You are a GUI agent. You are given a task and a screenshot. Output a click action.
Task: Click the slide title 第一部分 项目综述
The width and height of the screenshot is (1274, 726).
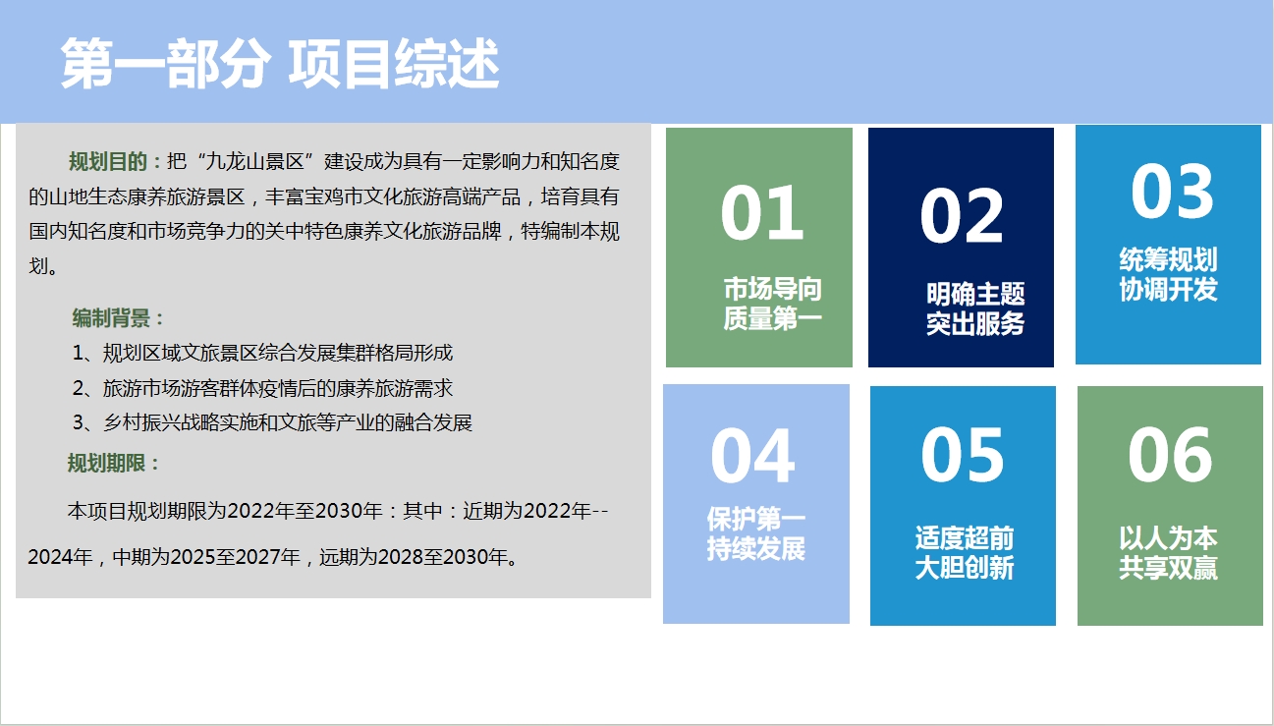tap(280, 63)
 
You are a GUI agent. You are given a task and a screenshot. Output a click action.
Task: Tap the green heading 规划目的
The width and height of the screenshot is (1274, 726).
tap(108, 161)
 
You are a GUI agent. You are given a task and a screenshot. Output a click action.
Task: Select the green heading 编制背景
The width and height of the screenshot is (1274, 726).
tap(111, 318)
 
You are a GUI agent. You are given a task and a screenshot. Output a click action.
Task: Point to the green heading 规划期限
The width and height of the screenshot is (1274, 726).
tap(106, 463)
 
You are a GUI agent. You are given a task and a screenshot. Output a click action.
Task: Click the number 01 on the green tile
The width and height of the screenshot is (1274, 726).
tap(762, 213)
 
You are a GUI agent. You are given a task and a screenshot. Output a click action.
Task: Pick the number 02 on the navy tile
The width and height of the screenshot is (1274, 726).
tap(962, 215)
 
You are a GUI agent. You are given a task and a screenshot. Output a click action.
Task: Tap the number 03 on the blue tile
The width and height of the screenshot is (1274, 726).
tap(1172, 191)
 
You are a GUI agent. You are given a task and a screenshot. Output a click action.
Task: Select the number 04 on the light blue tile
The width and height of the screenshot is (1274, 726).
tap(752, 456)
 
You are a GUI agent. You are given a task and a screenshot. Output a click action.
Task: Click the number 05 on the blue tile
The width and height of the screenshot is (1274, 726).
tap(963, 455)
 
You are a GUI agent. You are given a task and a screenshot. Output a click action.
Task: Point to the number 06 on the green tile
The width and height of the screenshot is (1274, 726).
tap(1170, 455)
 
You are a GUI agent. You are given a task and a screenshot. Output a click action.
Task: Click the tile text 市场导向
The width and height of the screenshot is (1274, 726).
tap(772, 289)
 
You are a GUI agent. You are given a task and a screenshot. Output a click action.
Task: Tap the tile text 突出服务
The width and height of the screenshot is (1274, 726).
tap(975, 324)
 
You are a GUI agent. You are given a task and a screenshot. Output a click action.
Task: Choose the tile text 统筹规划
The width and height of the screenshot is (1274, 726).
tap(1168, 259)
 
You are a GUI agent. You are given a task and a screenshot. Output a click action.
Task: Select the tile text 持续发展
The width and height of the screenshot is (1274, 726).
tap(756, 548)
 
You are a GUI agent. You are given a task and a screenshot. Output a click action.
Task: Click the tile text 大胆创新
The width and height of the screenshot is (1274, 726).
tap(965, 567)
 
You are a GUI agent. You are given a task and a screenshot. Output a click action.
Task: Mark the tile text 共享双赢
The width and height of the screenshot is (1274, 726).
tap(1168, 567)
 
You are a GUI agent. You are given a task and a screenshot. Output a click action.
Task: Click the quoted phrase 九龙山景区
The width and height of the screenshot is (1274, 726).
tap(254, 161)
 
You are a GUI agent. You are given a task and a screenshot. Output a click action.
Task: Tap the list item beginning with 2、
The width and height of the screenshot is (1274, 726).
tap(262, 389)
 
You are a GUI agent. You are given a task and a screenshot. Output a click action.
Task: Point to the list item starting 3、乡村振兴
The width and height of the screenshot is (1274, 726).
tap(272, 422)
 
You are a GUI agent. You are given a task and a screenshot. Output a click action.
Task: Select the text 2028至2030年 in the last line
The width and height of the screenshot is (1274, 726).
tap(442, 557)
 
